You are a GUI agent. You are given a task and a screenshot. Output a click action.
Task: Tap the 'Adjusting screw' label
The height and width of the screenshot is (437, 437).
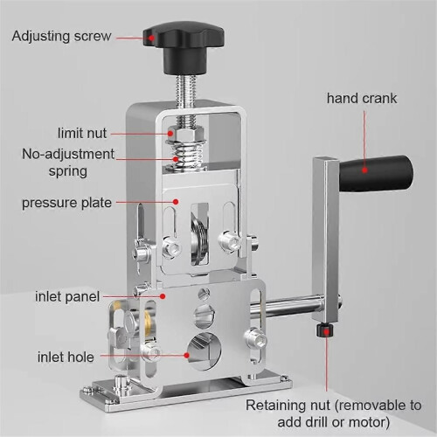coord(61,37)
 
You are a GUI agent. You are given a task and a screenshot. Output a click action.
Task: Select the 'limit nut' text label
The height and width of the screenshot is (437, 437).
coord(82,133)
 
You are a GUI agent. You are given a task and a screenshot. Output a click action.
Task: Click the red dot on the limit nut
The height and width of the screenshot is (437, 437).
coord(170,134)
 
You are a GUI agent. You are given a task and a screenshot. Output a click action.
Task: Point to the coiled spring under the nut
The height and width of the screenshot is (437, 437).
coord(185,156)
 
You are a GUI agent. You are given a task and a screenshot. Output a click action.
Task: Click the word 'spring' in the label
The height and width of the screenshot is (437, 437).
coord(68,171)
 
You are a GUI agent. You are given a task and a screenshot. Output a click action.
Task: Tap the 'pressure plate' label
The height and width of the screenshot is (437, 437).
coord(66,203)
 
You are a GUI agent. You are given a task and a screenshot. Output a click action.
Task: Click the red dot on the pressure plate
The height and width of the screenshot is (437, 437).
coord(176,202)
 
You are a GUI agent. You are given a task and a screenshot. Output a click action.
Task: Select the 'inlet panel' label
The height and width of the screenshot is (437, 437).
coord(67,296)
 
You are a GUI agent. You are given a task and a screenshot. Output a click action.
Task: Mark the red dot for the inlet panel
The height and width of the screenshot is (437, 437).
coord(163,296)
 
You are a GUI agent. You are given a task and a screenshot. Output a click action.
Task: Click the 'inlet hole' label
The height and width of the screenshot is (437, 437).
coord(66,357)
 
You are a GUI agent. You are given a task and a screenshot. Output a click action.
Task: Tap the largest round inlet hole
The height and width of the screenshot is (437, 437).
coord(205,351)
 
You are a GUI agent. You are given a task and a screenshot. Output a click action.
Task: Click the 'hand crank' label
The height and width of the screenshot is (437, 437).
coord(362,98)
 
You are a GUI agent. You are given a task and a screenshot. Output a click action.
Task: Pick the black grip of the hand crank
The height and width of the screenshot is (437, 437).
coord(377,173)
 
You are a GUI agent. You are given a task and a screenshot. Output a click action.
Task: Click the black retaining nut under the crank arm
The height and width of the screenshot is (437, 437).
coord(324,329)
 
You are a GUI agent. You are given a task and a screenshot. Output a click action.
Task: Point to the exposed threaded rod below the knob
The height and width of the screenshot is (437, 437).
coord(185,90)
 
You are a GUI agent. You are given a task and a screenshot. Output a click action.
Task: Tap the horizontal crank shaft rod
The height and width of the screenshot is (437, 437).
coord(287,306)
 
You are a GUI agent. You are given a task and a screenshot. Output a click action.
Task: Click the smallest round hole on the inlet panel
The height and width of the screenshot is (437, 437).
coord(204,294)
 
